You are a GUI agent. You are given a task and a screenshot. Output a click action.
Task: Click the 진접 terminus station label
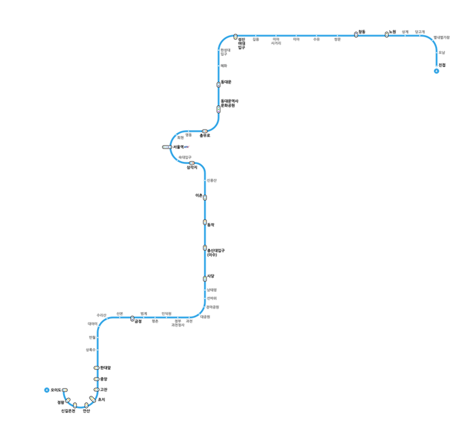click(x=442, y=65)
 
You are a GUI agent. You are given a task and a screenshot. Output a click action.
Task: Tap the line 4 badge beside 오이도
click(x=46, y=390)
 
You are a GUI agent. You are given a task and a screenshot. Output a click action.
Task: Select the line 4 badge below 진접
click(x=436, y=72)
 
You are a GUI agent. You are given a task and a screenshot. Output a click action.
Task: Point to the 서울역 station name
click(x=180, y=147)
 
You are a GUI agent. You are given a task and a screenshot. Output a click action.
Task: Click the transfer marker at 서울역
click(x=166, y=147)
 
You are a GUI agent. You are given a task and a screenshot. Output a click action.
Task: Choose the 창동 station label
click(x=362, y=32)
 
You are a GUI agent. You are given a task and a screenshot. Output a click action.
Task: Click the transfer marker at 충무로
click(x=205, y=131)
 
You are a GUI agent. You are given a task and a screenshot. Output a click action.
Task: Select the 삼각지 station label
click(x=192, y=167)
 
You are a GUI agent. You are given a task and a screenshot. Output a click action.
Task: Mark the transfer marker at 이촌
click(x=205, y=198)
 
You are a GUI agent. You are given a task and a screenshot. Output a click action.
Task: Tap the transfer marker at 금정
click(x=132, y=318)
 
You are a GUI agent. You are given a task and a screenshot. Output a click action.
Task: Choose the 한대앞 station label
click(x=105, y=368)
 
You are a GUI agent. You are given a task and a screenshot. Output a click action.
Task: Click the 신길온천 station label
click(x=68, y=412)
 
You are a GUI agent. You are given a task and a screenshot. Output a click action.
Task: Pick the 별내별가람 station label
click(x=442, y=38)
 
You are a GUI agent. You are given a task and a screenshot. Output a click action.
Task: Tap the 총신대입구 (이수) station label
click(x=216, y=252)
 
